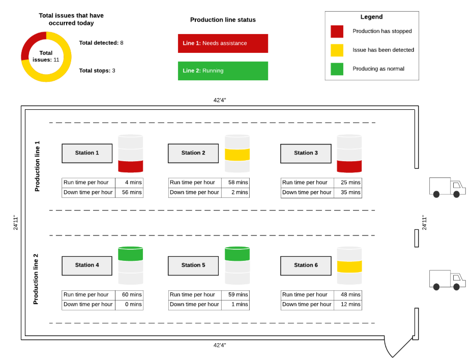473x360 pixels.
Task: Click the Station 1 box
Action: pos(87,153)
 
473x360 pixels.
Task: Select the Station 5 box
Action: pos(193,265)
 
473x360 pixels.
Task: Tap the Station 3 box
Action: pos(306,154)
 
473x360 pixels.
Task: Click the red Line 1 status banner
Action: pos(223,43)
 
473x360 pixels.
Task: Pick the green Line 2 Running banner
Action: pos(223,71)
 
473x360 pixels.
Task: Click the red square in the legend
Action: pos(337,32)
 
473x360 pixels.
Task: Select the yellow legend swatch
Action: pos(337,50)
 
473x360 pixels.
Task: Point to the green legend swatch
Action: pos(337,69)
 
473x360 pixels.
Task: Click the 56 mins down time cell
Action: pos(129,192)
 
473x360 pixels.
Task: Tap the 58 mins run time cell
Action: pos(235,183)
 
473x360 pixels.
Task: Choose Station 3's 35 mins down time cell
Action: pos(348,193)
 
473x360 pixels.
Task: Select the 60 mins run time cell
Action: pos(129,295)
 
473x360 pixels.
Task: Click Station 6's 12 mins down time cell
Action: pos(348,305)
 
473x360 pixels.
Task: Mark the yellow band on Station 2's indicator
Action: pos(238,155)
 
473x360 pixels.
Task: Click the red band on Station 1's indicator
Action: pos(131,166)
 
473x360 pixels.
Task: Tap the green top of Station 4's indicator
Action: pos(130,254)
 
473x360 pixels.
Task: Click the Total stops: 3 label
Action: pos(97,71)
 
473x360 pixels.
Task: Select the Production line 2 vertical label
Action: pos(36,279)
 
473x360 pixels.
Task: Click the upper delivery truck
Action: pos(448,188)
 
